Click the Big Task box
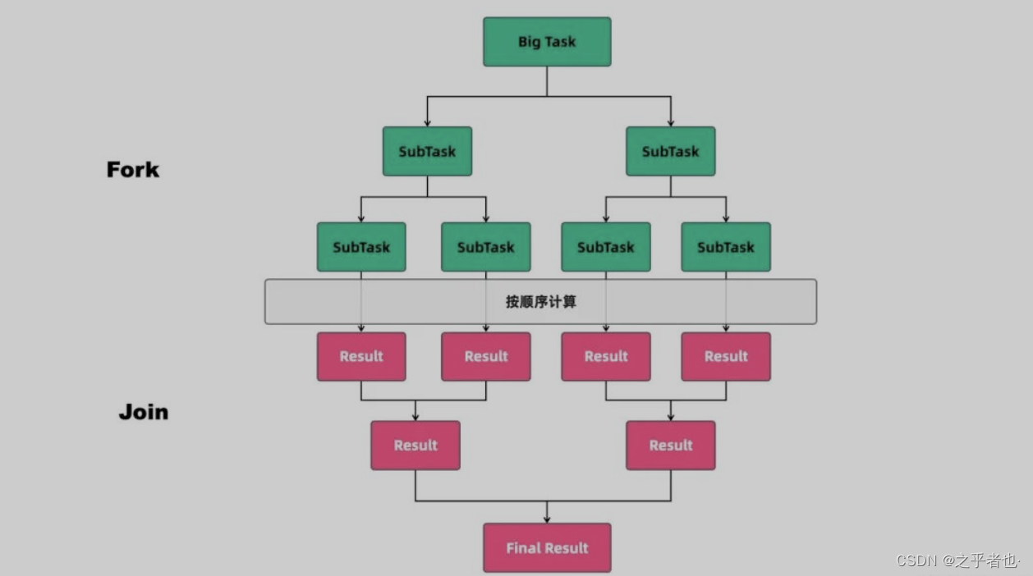[x=547, y=42]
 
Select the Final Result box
[x=547, y=547]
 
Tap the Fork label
[x=133, y=170]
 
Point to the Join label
[x=144, y=411]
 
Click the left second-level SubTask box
[x=427, y=151]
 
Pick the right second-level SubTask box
[x=670, y=151]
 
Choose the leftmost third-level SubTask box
[x=361, y=247]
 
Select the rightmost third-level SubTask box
[x=726, y=247]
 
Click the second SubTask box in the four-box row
[x=485, y=247]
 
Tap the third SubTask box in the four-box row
[x=606, y=247]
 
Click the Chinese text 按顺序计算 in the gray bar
[x=540, y=302]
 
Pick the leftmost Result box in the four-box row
[x=361, y=356]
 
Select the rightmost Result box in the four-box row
[x=726, y=356]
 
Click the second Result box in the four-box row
[x=485, y=356]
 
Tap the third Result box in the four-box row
[x=606, y=356]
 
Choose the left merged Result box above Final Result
[x=415, y=446]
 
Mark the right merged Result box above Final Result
[x=670, y=446]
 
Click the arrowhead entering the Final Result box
[x=547, y=519]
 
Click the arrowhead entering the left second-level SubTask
[x=427, y=122]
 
